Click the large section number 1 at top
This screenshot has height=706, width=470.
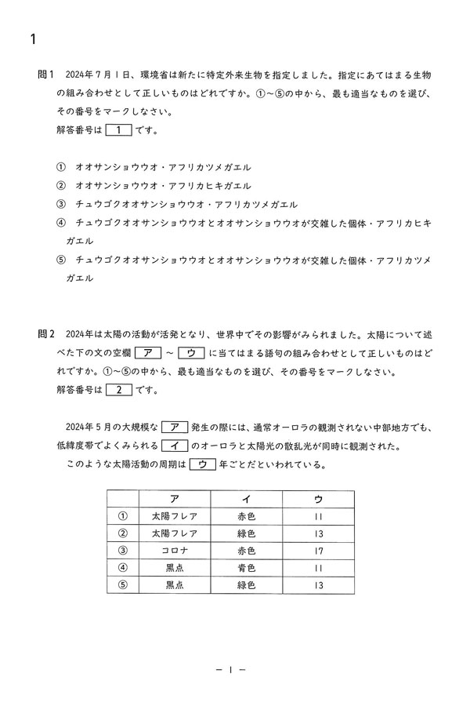[x=33, y=38]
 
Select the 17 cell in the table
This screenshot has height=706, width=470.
[x=317, y=551]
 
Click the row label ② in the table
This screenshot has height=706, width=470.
[x=122, y=533]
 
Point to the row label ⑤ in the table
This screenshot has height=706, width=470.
[x=122, y=585]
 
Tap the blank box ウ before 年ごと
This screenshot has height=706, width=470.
[x=202, y=464]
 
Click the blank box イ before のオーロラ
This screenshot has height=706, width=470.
[x=173, y=446]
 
